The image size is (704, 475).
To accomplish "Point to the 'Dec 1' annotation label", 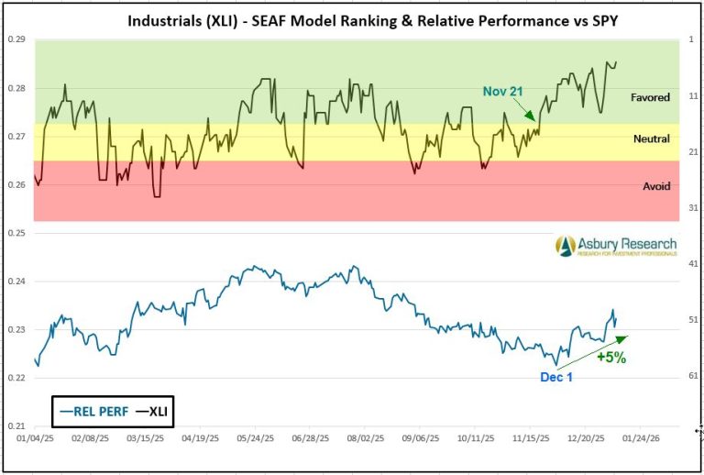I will pyautogui.click(x=555, y=377).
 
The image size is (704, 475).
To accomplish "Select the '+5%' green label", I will pyautogui.click(x=610, y=359).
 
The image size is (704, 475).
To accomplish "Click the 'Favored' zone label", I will pyautogui.click(x=650, y=97).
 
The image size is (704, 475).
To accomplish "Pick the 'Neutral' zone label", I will pyautogui.click(x=651, y=138).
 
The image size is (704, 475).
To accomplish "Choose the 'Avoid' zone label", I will pyautogui.click(x=656, y=186).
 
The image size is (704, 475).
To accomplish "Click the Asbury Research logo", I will pyautogui.click(x=616, y=246).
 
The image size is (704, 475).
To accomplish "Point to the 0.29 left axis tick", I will pyautogui.click(x=16, y=40).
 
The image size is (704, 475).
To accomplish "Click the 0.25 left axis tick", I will pyautogui.click(x=16, y=233).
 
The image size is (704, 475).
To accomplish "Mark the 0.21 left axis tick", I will pyautogui.click(x=16, y=426).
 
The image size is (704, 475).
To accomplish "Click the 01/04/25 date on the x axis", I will pyautogui.click(x=36, y=439).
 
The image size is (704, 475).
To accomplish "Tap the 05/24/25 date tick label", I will pyautogui.click(x=256, y=439).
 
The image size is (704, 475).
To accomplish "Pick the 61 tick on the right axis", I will pyautogui.click(x=693, y=376).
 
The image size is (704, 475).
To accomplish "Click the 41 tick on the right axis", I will pyautogui.click(x=693, y=263).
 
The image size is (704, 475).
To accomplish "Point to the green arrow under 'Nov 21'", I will pyautogui.click(x=530, y=113).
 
